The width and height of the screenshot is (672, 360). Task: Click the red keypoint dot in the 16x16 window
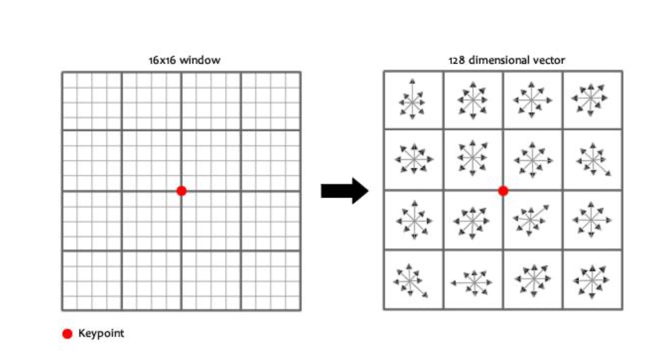tap(181, 191)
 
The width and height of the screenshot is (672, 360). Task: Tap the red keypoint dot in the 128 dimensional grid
tap(503, 191)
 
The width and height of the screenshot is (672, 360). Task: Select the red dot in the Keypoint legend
tap(67, 334)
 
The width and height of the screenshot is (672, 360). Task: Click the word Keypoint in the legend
tap(101, 334)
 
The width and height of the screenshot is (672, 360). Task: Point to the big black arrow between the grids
tap(344, 191)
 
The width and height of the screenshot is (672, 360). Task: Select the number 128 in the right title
tap(456, 61)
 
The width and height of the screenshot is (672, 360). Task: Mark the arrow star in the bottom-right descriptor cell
tap(592, 280)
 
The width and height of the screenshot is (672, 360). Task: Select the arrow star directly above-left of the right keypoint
tap(472, 158)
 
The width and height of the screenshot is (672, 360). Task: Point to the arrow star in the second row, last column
tap(593, 159)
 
